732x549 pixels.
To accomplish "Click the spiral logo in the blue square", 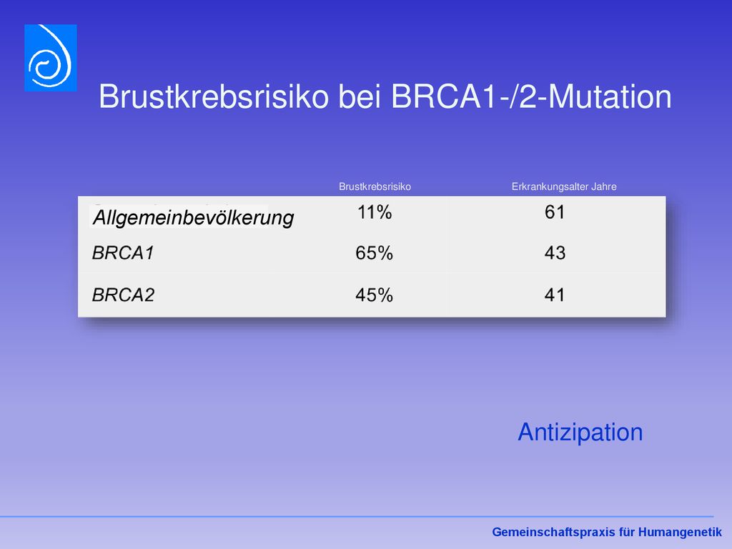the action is coord(51,58).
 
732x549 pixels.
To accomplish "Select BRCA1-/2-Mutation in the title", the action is coord(531,97).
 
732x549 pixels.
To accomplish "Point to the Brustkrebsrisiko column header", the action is coord(375,187).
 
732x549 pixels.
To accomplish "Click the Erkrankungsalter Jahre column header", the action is coord(564,187).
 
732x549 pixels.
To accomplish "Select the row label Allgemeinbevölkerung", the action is coord(193,218).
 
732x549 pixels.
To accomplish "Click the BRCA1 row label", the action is coord(123,253).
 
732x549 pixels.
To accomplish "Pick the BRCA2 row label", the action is coord(123,295).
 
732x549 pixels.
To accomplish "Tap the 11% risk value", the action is coord(375,212).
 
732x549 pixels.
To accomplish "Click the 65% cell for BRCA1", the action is coord(374,253).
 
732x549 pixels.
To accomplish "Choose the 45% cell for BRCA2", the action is coord(374,295).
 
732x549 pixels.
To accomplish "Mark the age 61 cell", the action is coord(555,212).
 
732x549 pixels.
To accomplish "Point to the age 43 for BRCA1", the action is coord(555,253).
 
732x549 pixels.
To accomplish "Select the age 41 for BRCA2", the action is coord(555,295).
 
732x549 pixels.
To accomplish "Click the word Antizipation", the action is coord(580,432).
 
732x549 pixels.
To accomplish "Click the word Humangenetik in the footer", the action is coord(680,532).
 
